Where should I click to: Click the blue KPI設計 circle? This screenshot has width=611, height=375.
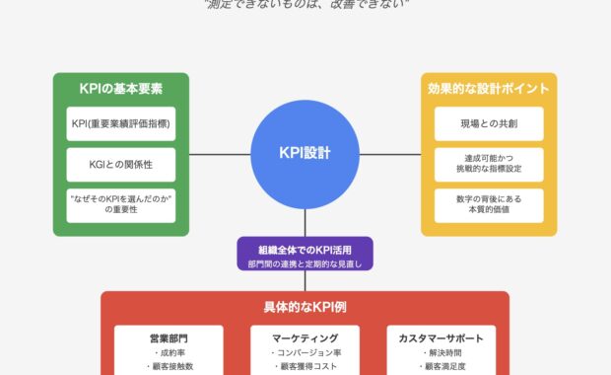pos(305,154)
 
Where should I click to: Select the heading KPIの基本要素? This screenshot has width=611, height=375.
pos(120,88)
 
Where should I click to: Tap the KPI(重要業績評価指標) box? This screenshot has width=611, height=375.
pos(120,123)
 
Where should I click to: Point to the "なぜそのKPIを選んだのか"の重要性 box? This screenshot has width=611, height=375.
pos(120,205)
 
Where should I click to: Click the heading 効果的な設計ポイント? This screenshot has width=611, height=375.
pos(489,88)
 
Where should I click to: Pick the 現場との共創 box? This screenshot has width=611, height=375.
pos(489,123)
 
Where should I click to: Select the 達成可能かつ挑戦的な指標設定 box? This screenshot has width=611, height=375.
pos(489,164)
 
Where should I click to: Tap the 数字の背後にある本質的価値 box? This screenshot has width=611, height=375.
pos(489,205)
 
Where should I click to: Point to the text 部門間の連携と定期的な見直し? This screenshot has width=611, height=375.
pos(305,263)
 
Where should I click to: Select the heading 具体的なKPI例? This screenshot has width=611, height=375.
pos(305,307)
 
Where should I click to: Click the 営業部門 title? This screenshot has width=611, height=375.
pos(169,337)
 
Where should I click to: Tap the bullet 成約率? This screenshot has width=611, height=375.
pos(169,352)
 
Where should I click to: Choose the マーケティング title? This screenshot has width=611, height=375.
pos(305,337)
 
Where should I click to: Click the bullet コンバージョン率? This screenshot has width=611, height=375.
pos(305,352)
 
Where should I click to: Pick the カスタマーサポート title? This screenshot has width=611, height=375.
pos(441,337)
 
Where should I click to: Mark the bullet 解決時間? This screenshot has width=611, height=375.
pos(441,352)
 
